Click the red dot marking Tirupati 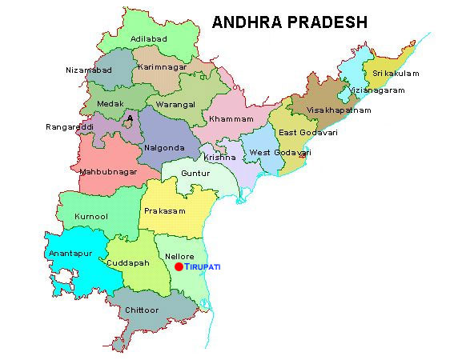(x=179, y=266)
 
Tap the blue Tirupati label (x=203, y=266)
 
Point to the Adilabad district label (x=150, y=38)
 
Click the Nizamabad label (x=90, y=70)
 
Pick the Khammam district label (x=231, y=119)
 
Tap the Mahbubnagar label (x=108, y=171)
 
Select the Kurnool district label (x=90, y=216)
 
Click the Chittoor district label (x=142, y=310)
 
